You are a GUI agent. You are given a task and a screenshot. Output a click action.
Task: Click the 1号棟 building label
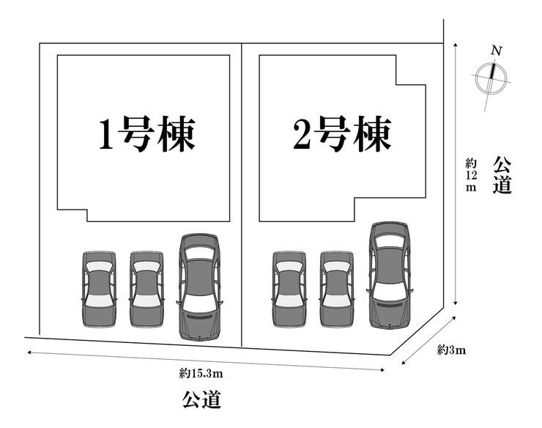coord(147,134)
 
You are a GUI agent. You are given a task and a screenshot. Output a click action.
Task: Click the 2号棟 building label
coord(342,134)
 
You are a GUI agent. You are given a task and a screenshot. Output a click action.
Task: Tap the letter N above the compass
coord(497,51)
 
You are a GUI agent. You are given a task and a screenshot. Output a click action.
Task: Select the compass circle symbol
coord(490,78)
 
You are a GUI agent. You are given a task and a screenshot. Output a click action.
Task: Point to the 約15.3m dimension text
coord(201,374)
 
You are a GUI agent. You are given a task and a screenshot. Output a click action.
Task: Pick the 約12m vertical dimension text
coord(470,174)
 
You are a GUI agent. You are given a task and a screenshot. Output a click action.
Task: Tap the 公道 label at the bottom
coord(201,400)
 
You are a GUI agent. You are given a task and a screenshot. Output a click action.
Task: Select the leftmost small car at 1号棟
coord(99,289)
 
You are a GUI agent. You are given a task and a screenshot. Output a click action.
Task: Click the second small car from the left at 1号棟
coord(146,289)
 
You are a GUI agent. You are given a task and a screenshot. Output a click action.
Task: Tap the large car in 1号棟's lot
coord(199,286)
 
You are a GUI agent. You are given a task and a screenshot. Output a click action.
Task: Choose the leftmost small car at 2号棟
coord(289,289)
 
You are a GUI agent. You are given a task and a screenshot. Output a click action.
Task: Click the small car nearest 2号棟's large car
coord(337,289)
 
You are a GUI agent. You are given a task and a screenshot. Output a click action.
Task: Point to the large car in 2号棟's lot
coord(390,274)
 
